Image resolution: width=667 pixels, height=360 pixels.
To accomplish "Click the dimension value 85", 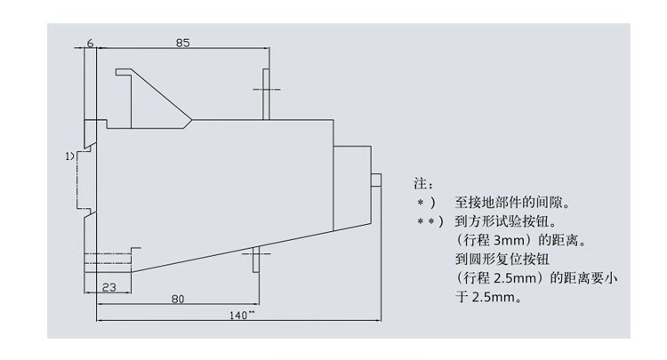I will tap(181, 42).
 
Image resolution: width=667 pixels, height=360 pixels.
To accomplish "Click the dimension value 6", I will tap(91, 42).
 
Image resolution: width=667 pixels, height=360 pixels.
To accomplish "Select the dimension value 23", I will tap(107, 287).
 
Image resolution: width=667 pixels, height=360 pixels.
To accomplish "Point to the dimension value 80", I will tap(177, 300).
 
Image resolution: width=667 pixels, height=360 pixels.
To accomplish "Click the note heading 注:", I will tap(423, 184).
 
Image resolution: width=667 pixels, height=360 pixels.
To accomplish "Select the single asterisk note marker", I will tap(425, 203).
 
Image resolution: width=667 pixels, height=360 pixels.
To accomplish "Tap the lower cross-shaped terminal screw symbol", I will tap(255, 260).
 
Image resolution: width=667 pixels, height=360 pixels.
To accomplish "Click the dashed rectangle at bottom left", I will tap(108, 264).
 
